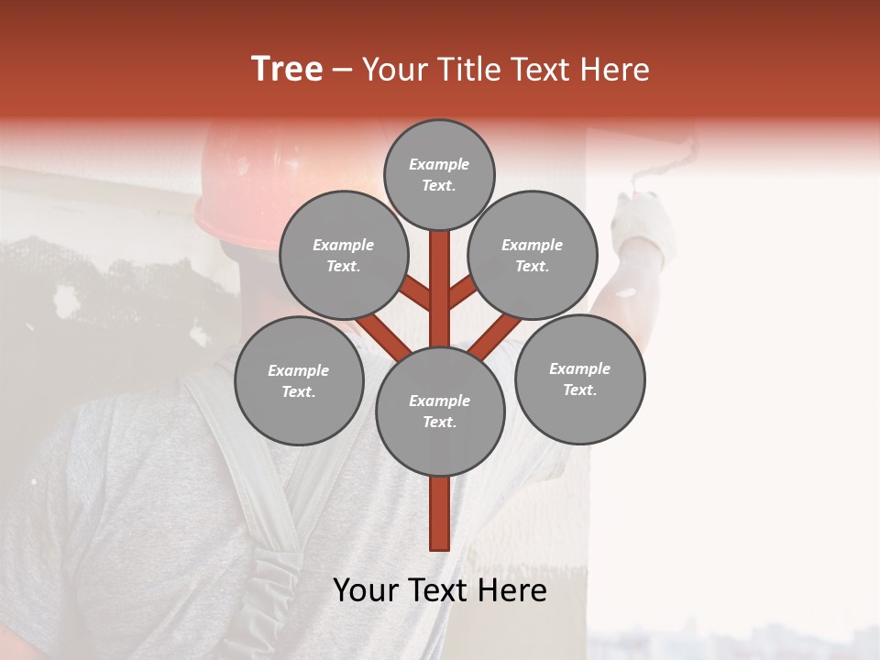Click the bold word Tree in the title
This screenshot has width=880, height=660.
287,70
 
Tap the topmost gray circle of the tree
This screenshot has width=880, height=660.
439,174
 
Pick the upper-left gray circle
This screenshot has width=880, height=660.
344,255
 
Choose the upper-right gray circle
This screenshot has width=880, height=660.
533,255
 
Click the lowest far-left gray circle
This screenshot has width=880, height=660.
299,380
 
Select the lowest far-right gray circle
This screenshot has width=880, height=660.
579,379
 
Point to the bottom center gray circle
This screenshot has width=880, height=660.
440,411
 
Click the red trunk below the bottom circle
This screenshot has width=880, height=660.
440,513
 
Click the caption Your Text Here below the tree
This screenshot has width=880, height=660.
440,590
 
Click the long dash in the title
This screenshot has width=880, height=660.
342,70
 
